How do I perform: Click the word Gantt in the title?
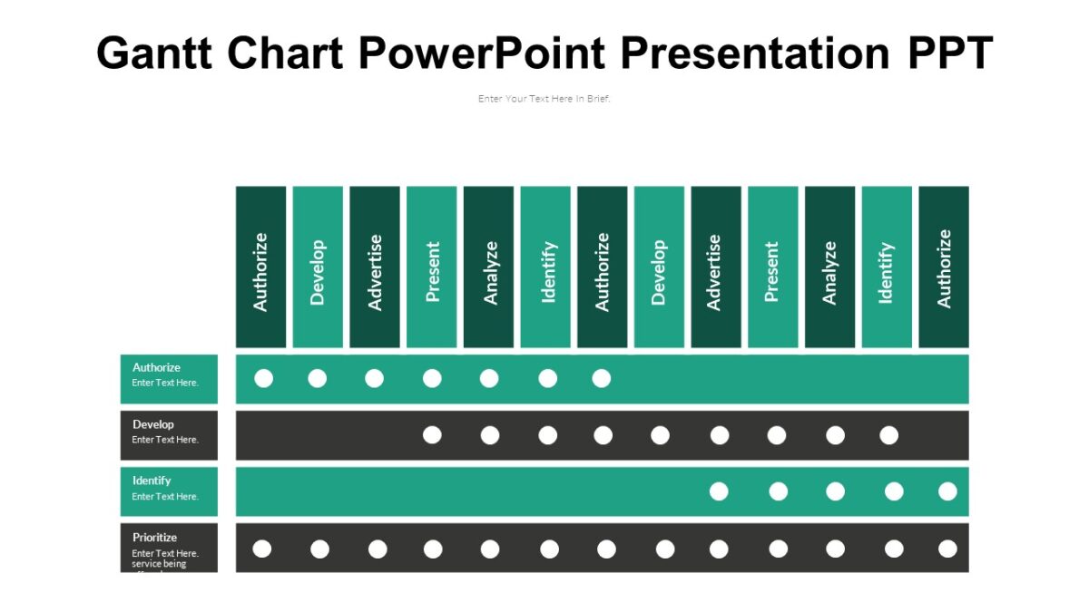[155, 53]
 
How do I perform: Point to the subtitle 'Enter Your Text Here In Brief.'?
[544, 99]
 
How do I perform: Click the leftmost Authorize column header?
[261, 267]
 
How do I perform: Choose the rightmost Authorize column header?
[944, 267]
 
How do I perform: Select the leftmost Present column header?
[432, 267]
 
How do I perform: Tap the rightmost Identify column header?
[887, 267]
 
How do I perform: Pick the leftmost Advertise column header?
[375, 267]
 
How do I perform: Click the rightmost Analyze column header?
[829, 267]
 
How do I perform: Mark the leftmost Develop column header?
[318, 267]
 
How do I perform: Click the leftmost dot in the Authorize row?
[263, 378]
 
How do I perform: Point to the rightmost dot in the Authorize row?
[602, 378]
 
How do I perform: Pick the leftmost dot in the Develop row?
[432, 435]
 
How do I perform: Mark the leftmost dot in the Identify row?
[719, 491]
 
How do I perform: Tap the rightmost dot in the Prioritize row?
[947, 549]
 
